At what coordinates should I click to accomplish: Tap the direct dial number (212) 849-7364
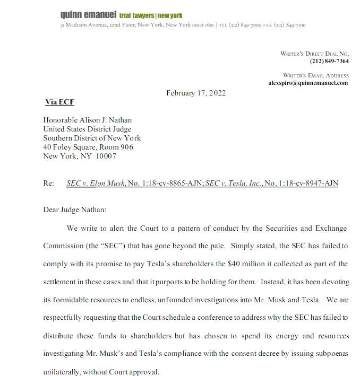(329, 62)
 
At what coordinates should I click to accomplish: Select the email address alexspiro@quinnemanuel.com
(308, 83)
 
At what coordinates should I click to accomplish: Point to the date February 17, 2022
(196, 93)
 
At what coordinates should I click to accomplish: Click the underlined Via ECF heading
(59, 102)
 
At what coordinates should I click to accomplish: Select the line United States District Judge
(87, 129)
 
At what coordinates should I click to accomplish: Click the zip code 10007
(106, 156)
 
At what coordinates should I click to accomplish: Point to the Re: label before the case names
(49, 183)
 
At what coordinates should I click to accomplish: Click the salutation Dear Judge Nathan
(75, 209)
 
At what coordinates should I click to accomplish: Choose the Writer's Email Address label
(315, 75)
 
